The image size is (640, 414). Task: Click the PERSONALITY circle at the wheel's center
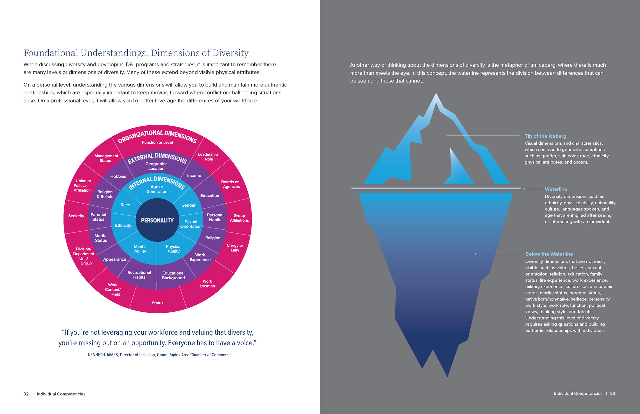(x=157, y=220)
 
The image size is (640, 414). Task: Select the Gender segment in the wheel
(x=188, y=205)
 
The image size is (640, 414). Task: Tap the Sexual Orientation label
(x=191, y=224)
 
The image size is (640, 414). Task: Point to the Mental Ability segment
(x=140, y=249)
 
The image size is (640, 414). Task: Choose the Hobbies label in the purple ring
(x=118, y=176)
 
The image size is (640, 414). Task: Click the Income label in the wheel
(x=194, y=176)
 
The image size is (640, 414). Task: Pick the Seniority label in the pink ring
(x=76, y=216)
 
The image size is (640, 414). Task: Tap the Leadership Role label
(x=208, y=157)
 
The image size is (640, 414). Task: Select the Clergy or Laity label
(x=235, y=248)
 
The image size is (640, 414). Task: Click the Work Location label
(x=207, y=284)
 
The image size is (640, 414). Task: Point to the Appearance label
(x=115, y=259)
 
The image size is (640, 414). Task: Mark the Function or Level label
(x=157, y=142)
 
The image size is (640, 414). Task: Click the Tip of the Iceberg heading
(x=545, y=136)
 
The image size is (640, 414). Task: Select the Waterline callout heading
(x=556, y=189)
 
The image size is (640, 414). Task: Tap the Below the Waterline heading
(x=549, y=254)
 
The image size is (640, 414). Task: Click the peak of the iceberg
(x=436, y=95)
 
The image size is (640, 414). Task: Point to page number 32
(x=26, y=394)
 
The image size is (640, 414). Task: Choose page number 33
(x=612, y=394)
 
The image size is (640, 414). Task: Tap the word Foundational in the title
(x=51, y=53)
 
